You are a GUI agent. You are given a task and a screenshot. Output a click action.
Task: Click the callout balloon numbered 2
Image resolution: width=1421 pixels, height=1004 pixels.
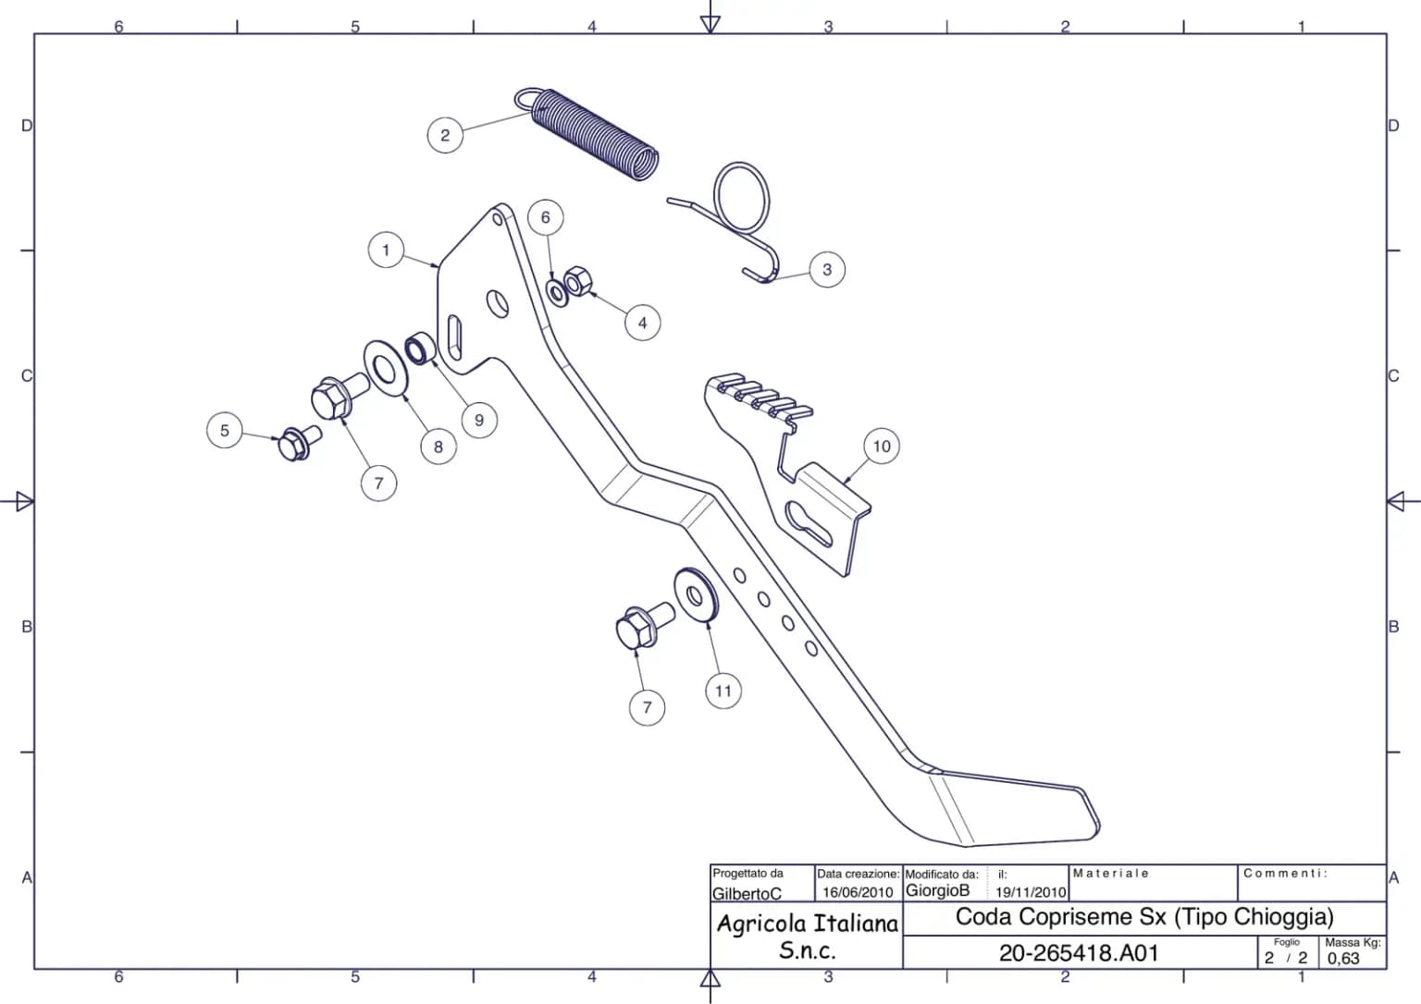445,135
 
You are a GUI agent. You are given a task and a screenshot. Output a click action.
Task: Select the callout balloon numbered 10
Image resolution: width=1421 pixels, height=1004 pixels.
882,447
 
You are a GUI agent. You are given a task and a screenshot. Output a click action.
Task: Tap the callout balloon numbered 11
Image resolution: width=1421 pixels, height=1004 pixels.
723,691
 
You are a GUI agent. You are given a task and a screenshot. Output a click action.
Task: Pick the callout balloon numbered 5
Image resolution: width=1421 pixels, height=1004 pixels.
225,431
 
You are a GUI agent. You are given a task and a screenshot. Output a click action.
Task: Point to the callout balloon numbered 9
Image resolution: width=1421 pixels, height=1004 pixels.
479,420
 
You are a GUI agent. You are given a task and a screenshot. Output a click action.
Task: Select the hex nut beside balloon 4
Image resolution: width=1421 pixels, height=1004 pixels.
578,280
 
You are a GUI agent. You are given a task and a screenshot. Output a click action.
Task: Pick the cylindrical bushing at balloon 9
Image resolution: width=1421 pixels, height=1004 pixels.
419,348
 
